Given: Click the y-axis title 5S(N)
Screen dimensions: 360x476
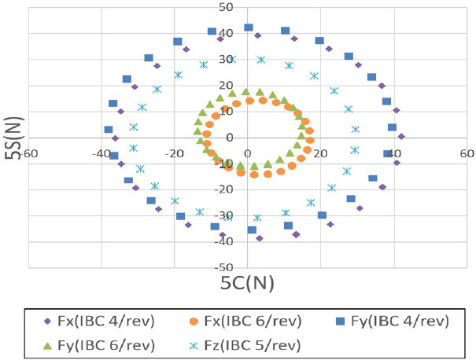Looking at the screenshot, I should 11,138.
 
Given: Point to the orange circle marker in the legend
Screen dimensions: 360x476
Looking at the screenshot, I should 202,321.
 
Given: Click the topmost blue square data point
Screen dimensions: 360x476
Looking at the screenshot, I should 249,28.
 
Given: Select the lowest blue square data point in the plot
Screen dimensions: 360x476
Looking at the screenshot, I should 252,230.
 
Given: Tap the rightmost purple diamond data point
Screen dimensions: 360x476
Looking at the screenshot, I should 401,136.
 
